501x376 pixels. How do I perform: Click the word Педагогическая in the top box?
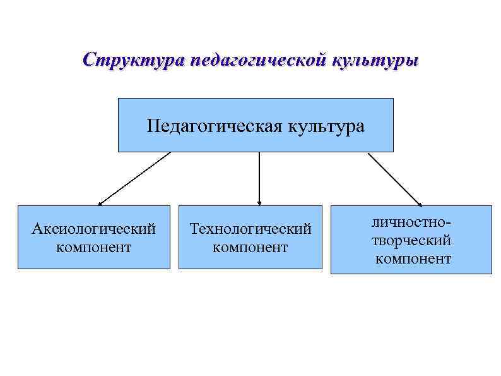(x=215, y=125)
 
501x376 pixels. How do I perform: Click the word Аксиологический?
(x=94, y=228)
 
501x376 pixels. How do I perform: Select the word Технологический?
(x=250, y=228)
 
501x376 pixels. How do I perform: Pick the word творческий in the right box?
(x=411, y=241)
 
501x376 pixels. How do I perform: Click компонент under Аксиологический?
(x=94, y=246)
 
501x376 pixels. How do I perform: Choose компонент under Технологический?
(x=250, y=246)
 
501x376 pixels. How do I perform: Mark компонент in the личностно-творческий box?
(x=413, y=258)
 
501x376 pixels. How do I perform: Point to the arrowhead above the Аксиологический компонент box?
(x=101, y=203)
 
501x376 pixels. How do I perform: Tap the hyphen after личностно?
(x=450, y=224)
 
